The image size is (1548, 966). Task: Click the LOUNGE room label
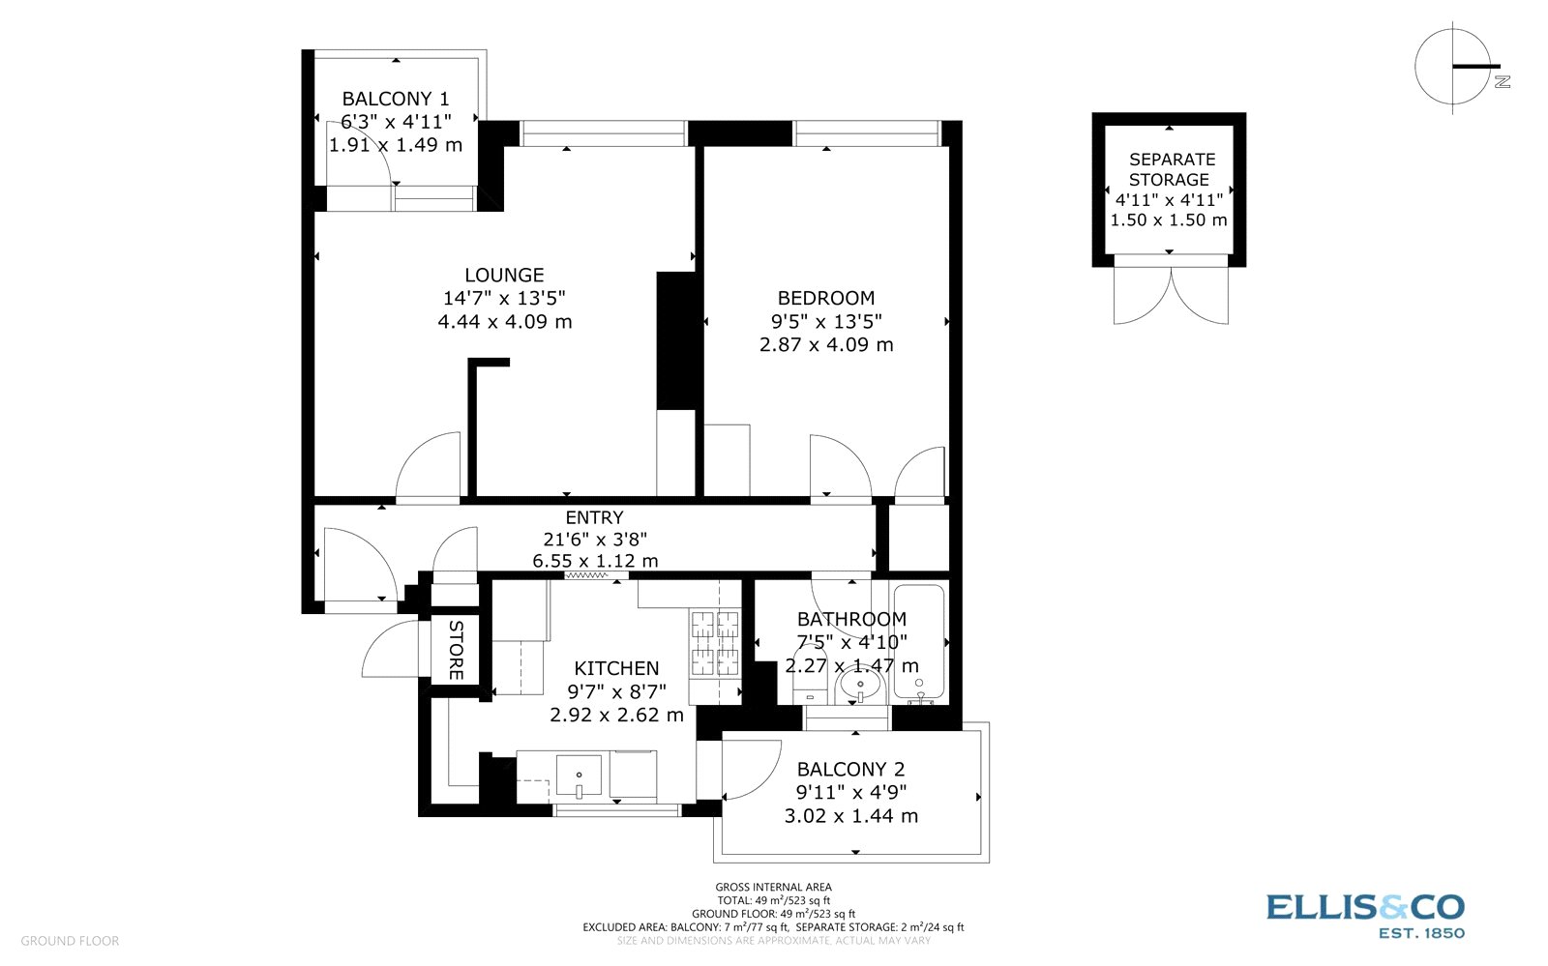pyautogui.click(x=504, y=276)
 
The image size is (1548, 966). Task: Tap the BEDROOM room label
pyautogui.click(x=826, y=298)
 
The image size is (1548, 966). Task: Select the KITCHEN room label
pyautogui.click(x=616, y=668)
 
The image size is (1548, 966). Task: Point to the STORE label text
pyautogui.click(x=456, y=650)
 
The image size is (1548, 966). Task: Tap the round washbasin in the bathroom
pyautogui.click(x=860, y=686)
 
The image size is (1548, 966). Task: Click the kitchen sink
pyautogui.click(x=580, y=776)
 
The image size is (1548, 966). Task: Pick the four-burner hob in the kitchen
pyautogui.click(x=715, y=644)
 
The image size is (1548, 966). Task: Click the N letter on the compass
pyautogui.click(x=1502, y=81)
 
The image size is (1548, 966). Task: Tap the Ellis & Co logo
pyautogui.click(x=1365, y=916)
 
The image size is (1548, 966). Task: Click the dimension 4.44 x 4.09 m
pyautogui.click(x=504, y=322)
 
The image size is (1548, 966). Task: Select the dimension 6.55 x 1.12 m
pyautogui.click(x=595, y=561)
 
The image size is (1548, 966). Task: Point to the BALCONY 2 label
pyautogui.click(x=850, y=769)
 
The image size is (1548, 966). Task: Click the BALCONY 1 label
pyautogui.click(x=396, y=99)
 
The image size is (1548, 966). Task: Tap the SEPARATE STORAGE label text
pyautogui.click(x=1171, y=170)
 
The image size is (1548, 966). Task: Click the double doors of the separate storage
pyautogui.click(x=1171, y=296)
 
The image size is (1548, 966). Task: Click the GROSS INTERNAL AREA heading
pyautogui.click(x=773, y=888)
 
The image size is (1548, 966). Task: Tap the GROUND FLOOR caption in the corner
pyautogui.click(x=70, y=941)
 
